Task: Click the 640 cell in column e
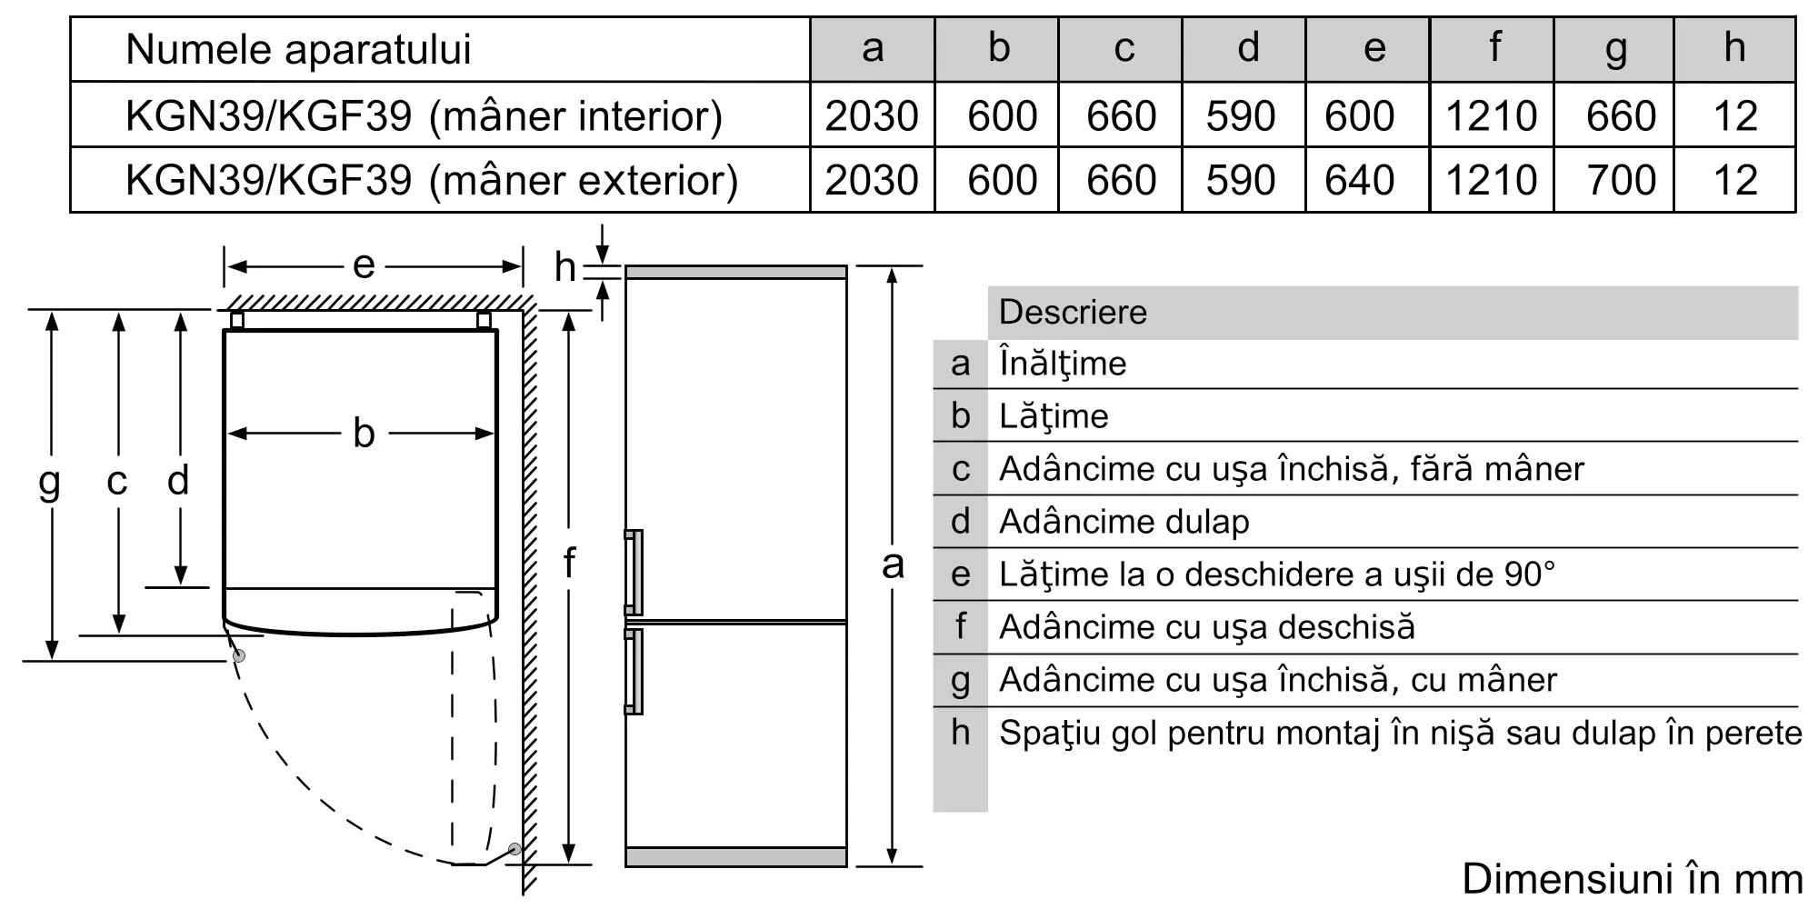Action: tap(1360, 180)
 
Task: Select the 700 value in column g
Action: tap(1621, 180)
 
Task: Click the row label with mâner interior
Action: tap(424, 116)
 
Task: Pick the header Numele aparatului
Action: tap(298, 49)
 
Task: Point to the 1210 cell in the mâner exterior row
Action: tap(1492, 180)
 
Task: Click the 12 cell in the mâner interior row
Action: tap(1735, 115)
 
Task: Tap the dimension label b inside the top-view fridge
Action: tap(364, 433)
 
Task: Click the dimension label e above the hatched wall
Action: tap(364, 265)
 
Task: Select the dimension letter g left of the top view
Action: tap(49, 483)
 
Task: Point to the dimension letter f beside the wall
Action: tap(569, 563)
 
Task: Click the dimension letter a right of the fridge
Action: tap(894, 564)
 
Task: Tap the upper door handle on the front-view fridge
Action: tap(633, 573)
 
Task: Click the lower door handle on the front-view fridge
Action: tap(633, 672)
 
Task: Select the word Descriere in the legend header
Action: tap(1073, 313)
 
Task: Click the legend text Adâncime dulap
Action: tap(1124, 522)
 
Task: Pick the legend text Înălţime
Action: tap(1063, 364)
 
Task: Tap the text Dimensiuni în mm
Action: tap(1633, 879)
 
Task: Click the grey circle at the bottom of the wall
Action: tap(515, 849)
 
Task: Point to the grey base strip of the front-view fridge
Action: tap(736, 856)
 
